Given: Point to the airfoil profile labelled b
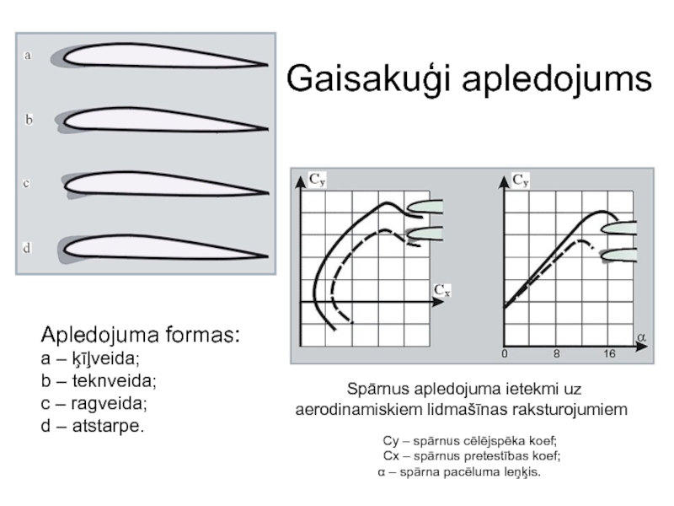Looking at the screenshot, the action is (x=160, y=121).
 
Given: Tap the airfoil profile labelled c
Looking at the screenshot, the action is (x=164, y=183).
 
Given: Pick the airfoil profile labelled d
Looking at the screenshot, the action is (x=160, y=247).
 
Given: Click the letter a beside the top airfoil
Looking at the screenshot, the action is (x=28, y=56).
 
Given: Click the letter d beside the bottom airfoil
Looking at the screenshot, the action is (x=28, y=248).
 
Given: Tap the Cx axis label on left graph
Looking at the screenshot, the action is (x=442, y=291).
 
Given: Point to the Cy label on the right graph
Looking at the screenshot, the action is (x=522, y=179).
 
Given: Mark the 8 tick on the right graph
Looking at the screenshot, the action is (x=556, y=354).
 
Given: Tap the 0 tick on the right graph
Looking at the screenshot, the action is (x=505, y=354).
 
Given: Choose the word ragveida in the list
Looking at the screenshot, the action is (x=111, y=403).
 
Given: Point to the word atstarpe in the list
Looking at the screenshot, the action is (x=113, y=426).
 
